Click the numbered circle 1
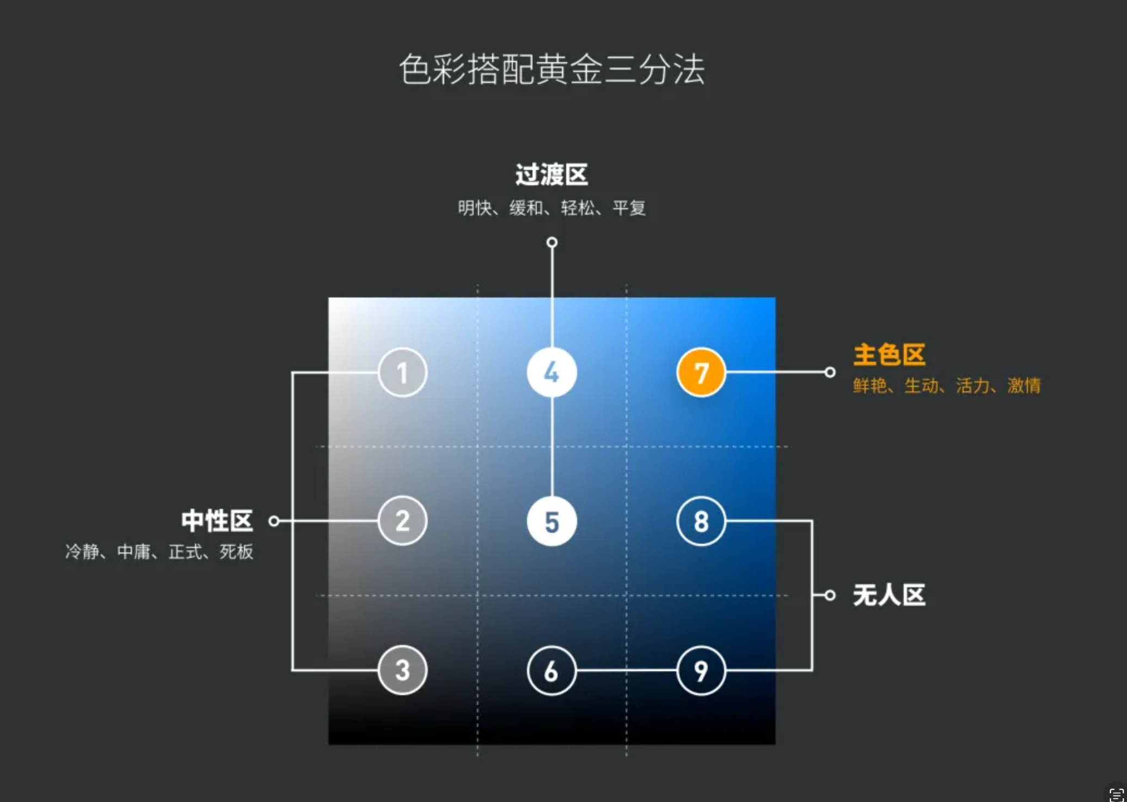click(x=402, y=373)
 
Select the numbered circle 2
click(x=402, y=521)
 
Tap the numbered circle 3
click(x=402, y=670)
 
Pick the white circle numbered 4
click(x=552, y=373)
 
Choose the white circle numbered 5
click(x=552, y=521)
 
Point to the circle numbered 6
click(x=552, y=670)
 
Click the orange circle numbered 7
click(x=701, y=373)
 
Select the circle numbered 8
click(x=701, y=521)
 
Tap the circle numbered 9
click(x=701, y=670)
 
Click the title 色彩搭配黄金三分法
click(x=552, y=69)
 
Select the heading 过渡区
click(x=552, y=175)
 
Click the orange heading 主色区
click(x=889, y=355)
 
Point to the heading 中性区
click(x=217, y=521)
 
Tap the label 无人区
click(x=889, y=595)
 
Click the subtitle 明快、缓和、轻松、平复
click(x=552, y=208)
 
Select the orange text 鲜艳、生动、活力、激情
click(x=947, y=386)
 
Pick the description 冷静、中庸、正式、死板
click(x=159, y=551)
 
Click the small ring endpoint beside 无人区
click(x=830, y=595)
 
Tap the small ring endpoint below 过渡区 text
click(x=552, y=242)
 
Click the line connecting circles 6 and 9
click(x=626, y=670)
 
